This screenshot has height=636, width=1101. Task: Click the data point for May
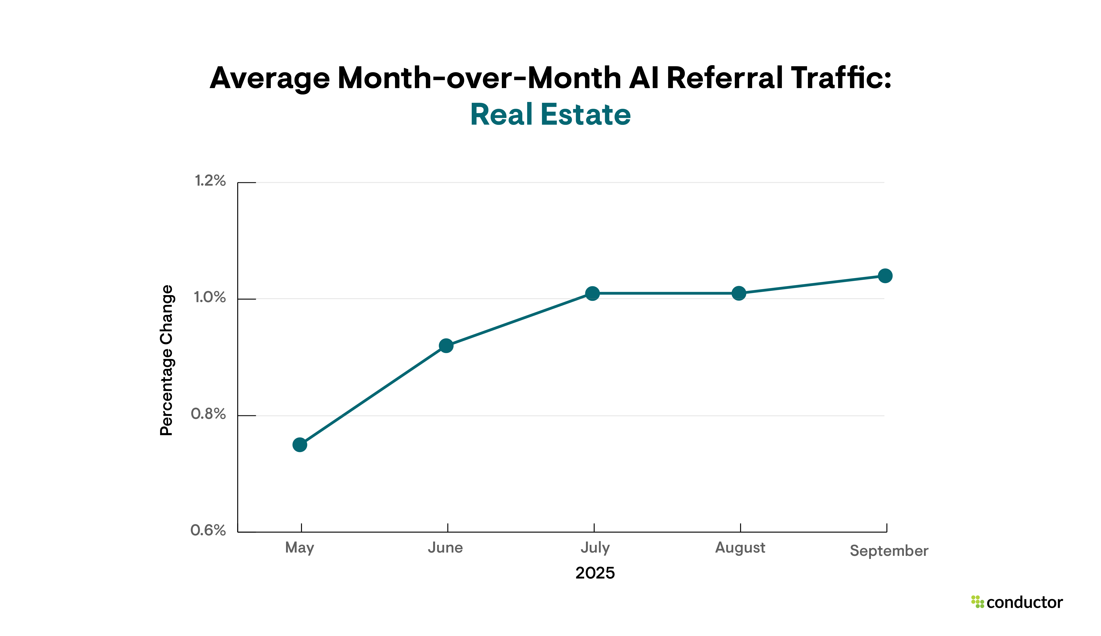coord(300,445)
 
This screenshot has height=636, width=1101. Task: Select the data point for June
coord(446,346)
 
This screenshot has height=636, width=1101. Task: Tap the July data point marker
coord(592,293)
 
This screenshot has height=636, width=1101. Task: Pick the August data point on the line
coord(739,293)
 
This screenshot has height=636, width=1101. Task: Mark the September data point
coord(885,276)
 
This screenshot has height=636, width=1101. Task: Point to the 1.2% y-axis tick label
coord(210,180)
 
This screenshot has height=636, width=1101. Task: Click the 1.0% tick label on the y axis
coord(210,297)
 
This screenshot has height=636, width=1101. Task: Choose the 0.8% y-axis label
coord(208,414)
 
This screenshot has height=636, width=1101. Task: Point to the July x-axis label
coord(595,547)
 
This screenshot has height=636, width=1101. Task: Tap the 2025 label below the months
coord(595,573)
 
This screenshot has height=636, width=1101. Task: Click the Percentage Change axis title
coord(166,360)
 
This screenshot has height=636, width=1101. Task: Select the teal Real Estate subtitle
coord(550,115)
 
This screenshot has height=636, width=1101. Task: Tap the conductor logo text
coord(1024,602)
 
